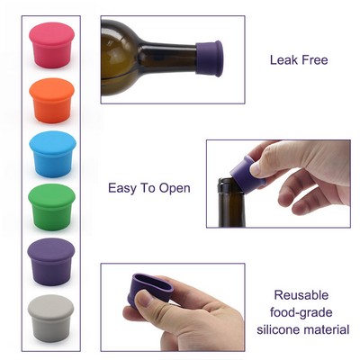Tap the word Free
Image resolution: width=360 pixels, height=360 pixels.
point(314,61)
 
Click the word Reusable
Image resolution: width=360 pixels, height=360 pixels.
point(302,294)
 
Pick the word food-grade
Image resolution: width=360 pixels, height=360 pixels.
point(302,311)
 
